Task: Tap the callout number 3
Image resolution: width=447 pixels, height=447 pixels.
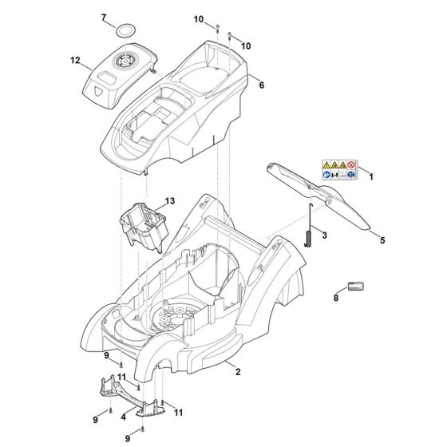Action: (324, 236)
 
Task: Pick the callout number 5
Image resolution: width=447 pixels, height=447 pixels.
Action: (382, 239)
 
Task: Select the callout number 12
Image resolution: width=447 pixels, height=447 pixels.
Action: (75, 61)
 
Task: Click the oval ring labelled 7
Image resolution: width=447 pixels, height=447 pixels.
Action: (124, 30)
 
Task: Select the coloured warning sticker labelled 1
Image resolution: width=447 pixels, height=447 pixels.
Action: (338, 169)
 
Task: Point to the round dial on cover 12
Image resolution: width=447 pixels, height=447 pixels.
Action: (125, 61)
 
